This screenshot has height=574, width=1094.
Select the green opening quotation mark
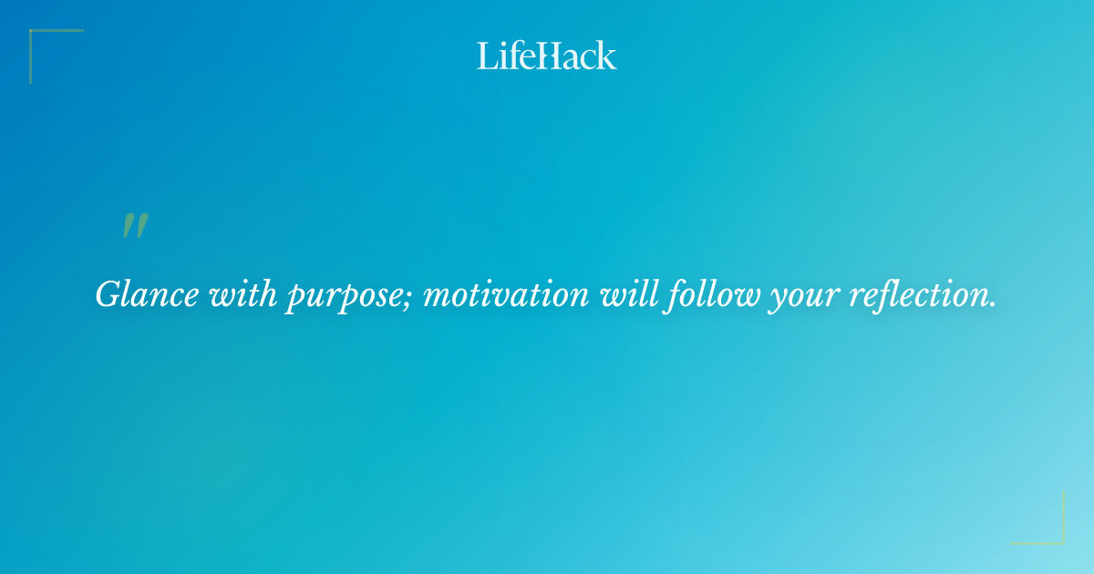(135, 226)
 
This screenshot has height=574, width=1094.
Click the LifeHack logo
(547, 56)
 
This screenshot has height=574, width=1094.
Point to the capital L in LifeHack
(485, 56)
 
